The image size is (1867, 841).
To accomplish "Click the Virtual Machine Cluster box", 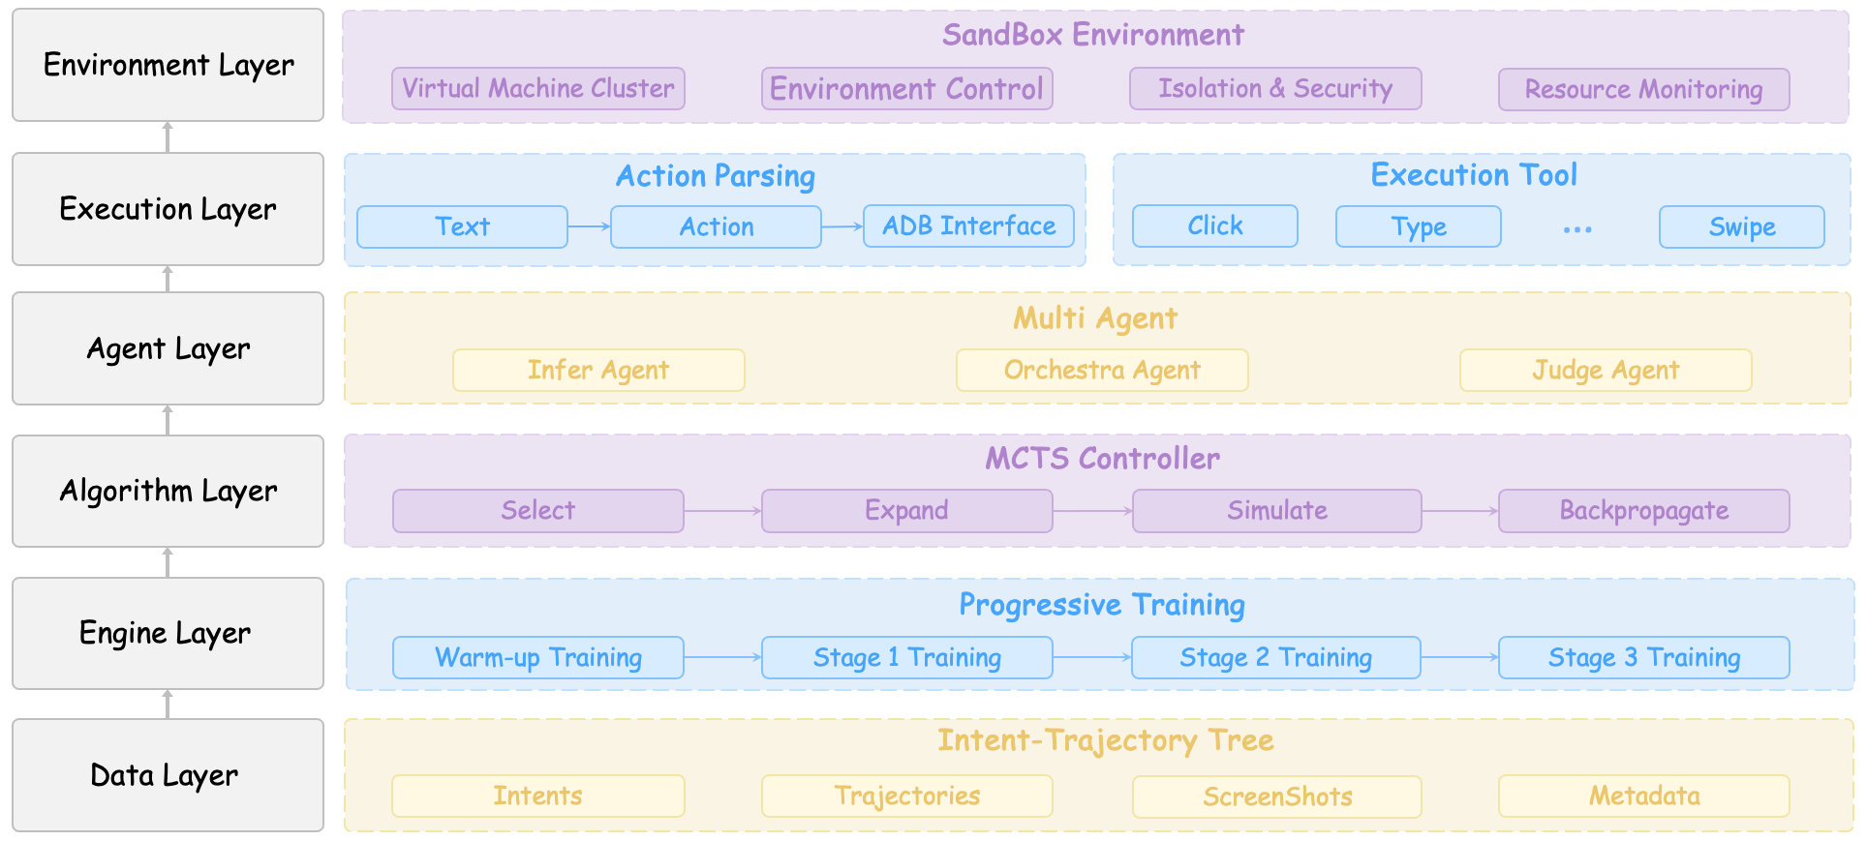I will (x=538, y=89).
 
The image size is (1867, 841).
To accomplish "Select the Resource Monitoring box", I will (x=1643, y=90).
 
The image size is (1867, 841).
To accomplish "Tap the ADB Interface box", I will (x=968, y=226).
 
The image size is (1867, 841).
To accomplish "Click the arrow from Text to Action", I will (x=589, y=226).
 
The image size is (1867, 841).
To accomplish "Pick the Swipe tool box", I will (x=1741, y=227).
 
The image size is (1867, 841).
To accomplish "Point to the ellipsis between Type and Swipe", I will (x=1577, y=229).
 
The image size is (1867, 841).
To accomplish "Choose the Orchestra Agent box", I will (x=1102, y=371).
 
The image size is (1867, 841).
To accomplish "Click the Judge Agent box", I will (x=1606, y=371).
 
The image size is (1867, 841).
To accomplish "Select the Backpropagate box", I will (x=1643, y=511).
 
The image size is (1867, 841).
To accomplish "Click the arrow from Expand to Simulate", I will (x=1092, y=511).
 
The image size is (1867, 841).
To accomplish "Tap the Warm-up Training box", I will (x=538, y=658).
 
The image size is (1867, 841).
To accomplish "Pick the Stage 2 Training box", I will (x=1275, y=658).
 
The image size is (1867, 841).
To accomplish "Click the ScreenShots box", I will (x=1276, y=796).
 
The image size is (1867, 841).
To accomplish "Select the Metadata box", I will (x=1643, y=796).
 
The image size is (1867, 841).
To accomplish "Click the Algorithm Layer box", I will (x=168, y=492).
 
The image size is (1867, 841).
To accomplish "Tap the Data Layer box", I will (x=168, y=775).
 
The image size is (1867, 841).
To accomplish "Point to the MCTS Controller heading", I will (x=1102, y=459).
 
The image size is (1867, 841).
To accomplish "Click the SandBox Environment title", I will (x=1092, y=36).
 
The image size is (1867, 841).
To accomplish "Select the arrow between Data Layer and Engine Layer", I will (x=168, y=705).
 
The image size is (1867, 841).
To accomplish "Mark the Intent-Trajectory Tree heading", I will (x=1105, y=741).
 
